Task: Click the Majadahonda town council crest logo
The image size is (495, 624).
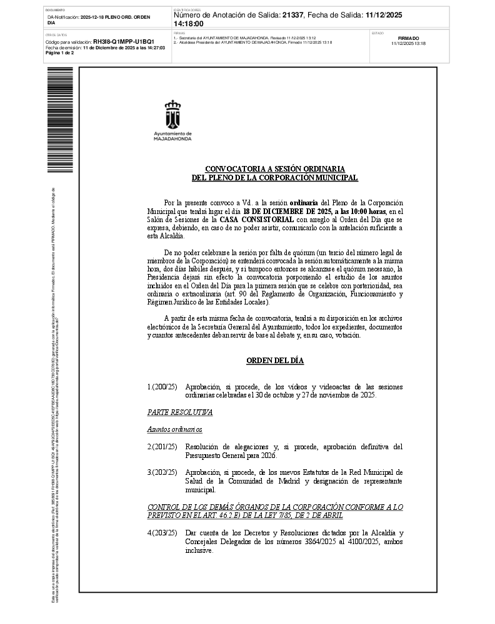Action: point(172,114)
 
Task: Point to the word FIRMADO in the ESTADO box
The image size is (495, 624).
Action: point(408,38)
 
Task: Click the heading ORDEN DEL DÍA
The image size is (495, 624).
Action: point(274,360)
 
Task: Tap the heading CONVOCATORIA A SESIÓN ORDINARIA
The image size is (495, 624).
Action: point(274,168)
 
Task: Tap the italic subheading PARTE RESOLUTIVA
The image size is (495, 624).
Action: point(180,412)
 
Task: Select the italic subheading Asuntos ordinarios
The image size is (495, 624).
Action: point(175,429)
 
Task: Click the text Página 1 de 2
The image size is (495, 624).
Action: point(60,53)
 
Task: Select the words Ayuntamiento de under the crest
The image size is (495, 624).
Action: point(172,134)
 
